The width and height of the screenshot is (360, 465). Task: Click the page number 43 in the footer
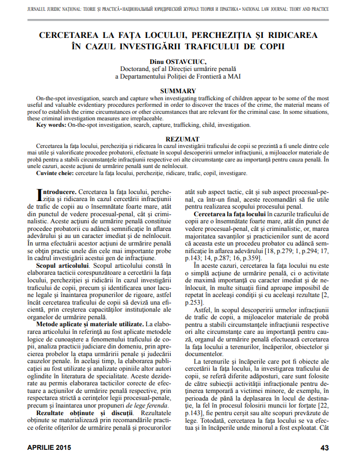pyautogui.click(x=325, y=448)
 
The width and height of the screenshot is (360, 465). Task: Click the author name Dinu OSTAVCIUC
pyautogui.click(x=181, y=62)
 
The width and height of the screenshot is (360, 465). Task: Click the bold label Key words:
pyautogui.click(x=51, y=125)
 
